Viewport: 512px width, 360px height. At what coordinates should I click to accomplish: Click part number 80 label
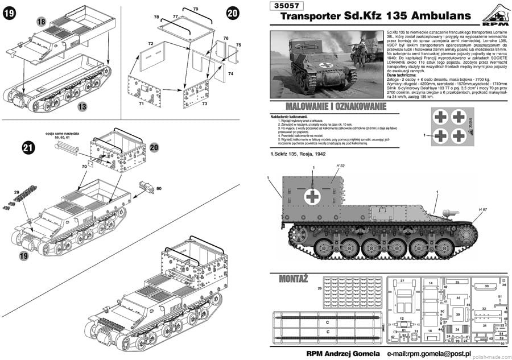click(159, 188)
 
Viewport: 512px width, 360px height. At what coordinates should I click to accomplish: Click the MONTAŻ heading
click(294, 279)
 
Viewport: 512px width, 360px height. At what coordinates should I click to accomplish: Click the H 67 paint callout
click(483, 210)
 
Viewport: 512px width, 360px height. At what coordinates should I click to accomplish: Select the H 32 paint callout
click(341, 165)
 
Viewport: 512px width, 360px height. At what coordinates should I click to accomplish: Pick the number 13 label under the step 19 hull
click(82, 106)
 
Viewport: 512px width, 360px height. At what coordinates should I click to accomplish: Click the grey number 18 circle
click(40, 20)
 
